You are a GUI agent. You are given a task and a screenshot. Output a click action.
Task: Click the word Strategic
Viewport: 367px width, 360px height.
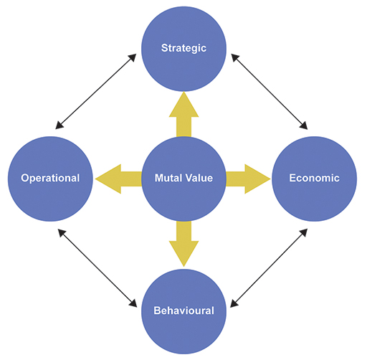click(183, 49)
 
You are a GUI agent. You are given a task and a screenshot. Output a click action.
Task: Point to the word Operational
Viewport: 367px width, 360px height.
click(50, 178)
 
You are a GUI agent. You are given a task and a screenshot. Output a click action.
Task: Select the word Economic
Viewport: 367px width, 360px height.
click(313, 178)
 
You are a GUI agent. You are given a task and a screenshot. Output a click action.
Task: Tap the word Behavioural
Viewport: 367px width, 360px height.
click(183, 311)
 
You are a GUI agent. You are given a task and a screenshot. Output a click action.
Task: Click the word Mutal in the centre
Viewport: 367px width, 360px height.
click(169, 178)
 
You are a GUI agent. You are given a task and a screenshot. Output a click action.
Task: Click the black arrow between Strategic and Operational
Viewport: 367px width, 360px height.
click(95, 91)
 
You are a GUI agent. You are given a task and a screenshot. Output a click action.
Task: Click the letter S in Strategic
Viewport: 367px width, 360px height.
click(164, 49)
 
